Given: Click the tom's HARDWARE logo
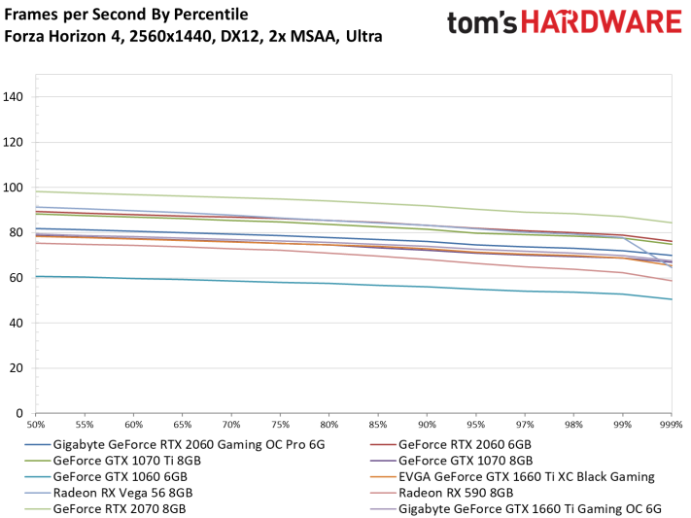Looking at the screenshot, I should tap(564, 25).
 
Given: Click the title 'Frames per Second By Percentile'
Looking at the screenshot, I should tap(126, 15).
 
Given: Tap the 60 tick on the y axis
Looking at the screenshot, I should tap(18, 278).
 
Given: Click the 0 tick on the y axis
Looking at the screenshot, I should tap(22, 413).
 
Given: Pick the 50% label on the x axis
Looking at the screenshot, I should tap(36, 426).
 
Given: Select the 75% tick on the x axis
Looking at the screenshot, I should tap(281, 426).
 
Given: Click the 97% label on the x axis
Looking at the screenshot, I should tap(526, 426).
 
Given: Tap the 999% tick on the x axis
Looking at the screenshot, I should tap(671, 426).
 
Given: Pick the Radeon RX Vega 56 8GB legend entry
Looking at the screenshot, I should tap(122, 492).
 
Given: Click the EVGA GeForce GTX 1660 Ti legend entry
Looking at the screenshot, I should tap(526, 476).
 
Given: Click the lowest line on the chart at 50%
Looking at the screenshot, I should tap(36, 276).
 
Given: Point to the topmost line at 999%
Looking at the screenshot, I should tap(671, 223).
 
